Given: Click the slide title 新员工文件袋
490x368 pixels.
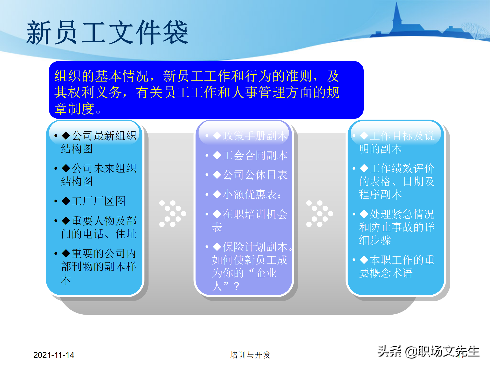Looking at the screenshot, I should pyautogui.click(x=107, y=33).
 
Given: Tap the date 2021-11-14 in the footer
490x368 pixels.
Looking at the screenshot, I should pyautogui.click(x=54, y=355).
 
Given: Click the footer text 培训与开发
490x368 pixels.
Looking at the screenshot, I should pyautogui.click(x=250, y=355).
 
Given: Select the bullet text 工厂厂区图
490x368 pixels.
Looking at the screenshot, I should pyautogui.click(x=98, y=201).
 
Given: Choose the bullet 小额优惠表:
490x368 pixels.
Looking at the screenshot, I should pyautogui.click(x=252, y=194).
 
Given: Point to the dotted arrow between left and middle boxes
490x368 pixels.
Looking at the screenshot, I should pyautogui.click(x=173, y=214).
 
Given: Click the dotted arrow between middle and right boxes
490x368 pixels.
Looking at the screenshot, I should pyautogui.click(x=320, y=214).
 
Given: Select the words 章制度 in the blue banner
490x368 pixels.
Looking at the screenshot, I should pyautogui.click(x=74, y=109).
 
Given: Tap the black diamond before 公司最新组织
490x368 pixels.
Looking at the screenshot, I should pyautogui.click(x=66, y=135).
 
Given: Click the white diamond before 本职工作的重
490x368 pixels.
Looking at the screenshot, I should pyautogui.click(x=364, y=260).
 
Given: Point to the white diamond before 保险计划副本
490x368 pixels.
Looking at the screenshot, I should pyautogui.click(x=217, y=247).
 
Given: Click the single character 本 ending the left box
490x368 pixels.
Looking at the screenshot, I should pyautogui.click(x=66, y=280).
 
